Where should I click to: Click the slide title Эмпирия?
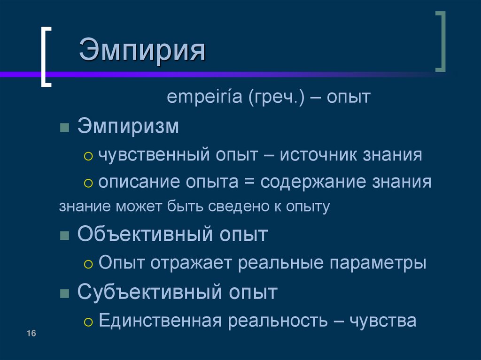click(x=142, y=51)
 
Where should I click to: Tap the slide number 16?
click(x=31, y=333)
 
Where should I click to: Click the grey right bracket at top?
click(x=440, y=42)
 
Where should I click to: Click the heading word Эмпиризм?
click(x=128, y=127)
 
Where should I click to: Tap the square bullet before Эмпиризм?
click(x=65, y=128)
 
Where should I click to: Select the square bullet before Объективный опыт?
click(x=65, y=235)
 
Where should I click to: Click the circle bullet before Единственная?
click(x=88, y=322)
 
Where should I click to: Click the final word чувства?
click(x=383, y=321)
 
